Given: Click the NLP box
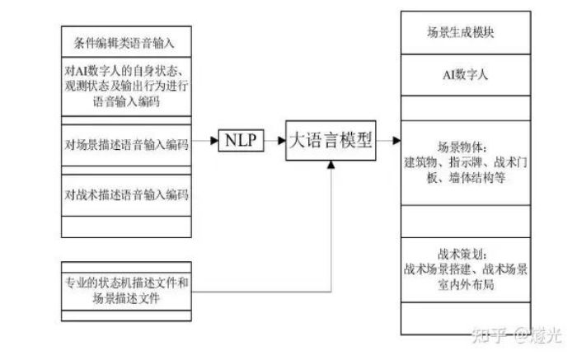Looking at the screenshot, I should [x=240, y=141].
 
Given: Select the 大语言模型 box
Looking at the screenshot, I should [x=331, y=141].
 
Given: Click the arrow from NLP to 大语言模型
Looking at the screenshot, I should [x=276, y=141].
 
